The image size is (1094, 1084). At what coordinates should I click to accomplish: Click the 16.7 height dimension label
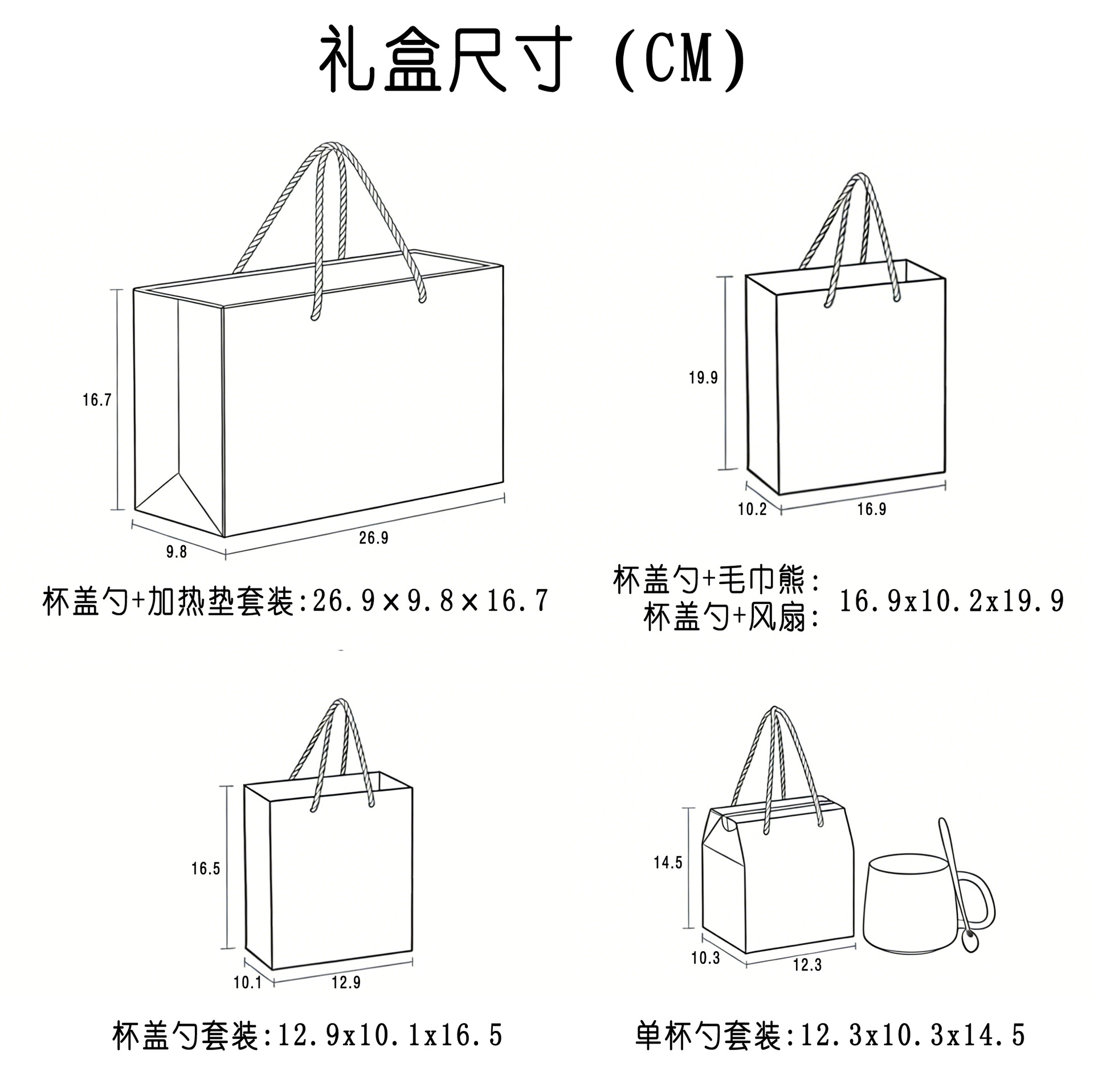96,400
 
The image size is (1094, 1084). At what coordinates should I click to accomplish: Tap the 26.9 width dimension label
373,537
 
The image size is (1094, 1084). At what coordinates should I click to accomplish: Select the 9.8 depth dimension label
176,551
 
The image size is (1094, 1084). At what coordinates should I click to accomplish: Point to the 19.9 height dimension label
703,377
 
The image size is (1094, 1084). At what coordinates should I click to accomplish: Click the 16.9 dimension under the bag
872,509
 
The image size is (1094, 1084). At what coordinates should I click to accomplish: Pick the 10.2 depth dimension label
752,509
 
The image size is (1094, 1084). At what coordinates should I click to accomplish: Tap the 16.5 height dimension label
205,868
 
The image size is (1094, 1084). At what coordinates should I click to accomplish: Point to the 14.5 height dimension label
668,863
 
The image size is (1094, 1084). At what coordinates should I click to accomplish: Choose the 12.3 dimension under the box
807,965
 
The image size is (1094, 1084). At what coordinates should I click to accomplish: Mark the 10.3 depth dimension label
705,958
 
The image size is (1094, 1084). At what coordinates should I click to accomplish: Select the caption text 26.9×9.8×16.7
430,601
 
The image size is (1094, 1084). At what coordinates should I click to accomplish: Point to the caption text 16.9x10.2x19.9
952,601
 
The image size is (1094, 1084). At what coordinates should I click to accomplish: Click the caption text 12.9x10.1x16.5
390,1035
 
